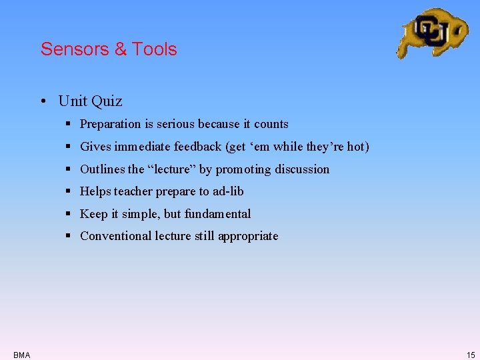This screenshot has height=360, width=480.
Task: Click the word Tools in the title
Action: coord(155,49)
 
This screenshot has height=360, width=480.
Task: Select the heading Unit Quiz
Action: coord(90,101)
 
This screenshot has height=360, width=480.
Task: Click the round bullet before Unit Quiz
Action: coord(42,102)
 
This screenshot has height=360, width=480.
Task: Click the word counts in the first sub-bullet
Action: coord(271,124)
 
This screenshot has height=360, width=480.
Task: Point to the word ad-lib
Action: coord(228,191)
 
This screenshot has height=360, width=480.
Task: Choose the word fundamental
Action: coord(218,214)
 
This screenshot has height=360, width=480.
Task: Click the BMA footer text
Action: coord(21,355)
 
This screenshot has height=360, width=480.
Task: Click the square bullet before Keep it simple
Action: coord(69,214)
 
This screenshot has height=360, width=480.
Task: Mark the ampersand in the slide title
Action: coord(120,49)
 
